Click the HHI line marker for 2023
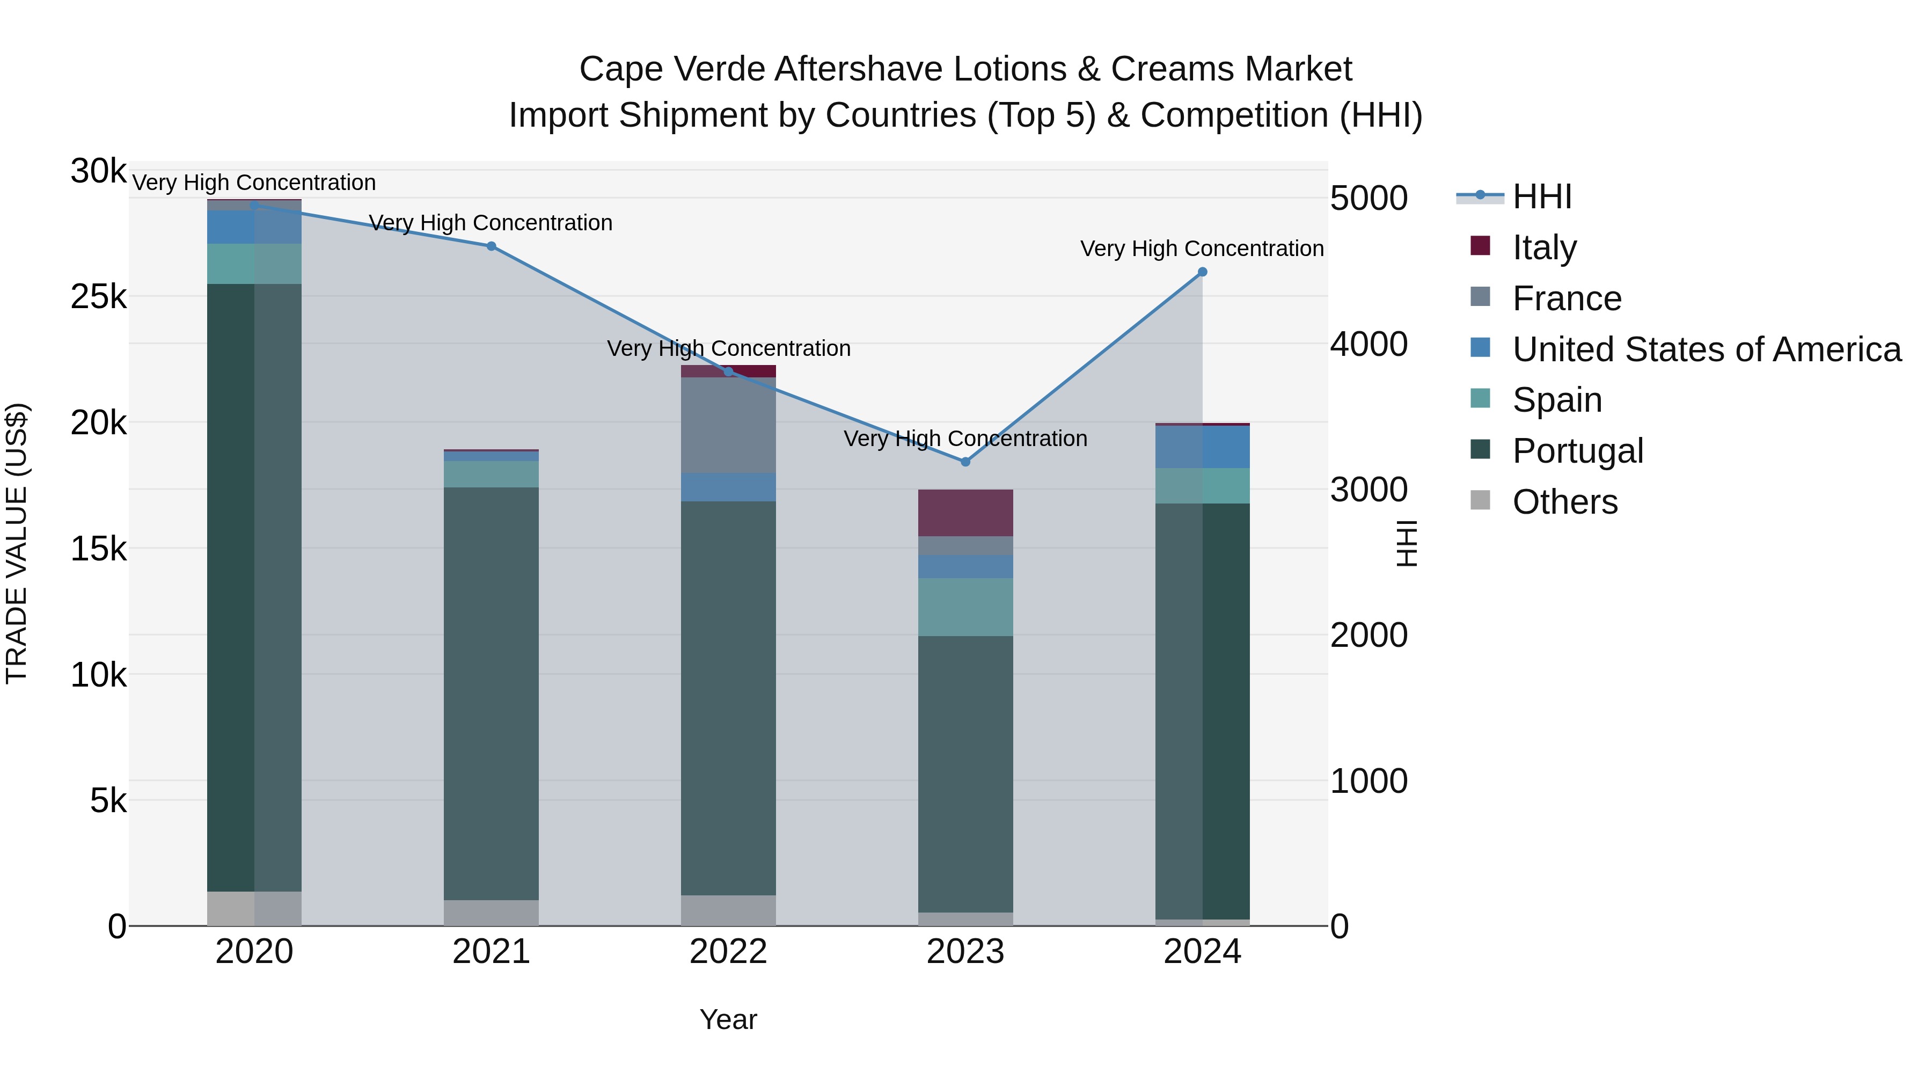[x=965, y=461]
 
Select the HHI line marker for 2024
[x=1202, y=272]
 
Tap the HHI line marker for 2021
[x=491, y=246]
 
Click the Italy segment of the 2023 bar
[x=965, y=513]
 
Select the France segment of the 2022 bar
[x=728, y=425]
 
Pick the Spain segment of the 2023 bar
[x=965, y=607]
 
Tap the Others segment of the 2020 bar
[x=254, y=908]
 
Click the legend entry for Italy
[x=1543, y=247]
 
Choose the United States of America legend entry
[x=1706, y=349]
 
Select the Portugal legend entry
[x=1577, y=451]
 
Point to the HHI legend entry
[x=1541, y=196]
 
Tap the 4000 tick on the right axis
[x=1368, y=344]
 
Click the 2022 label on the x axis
[x=728, y=952]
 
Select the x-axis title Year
[x=728, y=1019]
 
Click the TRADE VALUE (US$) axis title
[x=17, y=543]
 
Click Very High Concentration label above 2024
[x=1202, y=249]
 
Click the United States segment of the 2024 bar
[x=1202, y=447]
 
